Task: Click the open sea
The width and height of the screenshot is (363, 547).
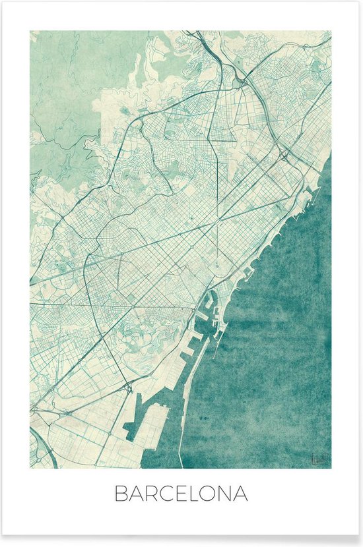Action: (277, 330)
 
